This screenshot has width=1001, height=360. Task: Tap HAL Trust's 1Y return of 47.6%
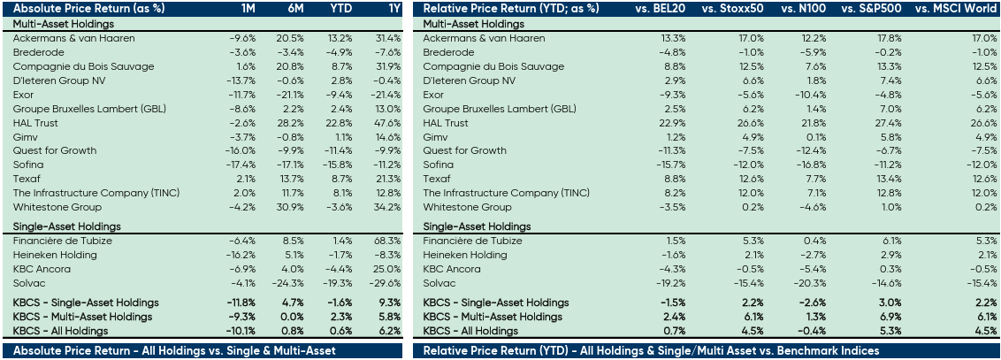[386, 123]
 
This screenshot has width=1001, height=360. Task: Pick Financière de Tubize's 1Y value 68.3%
[386, 241]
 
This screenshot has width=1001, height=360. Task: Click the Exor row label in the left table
[24, 95]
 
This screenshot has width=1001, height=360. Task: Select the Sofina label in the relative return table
[438, 165]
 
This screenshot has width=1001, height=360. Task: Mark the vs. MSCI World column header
[959, 8]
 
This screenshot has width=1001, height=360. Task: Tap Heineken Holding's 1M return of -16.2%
[241, 255]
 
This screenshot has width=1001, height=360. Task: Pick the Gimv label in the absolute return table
[26, 137]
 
